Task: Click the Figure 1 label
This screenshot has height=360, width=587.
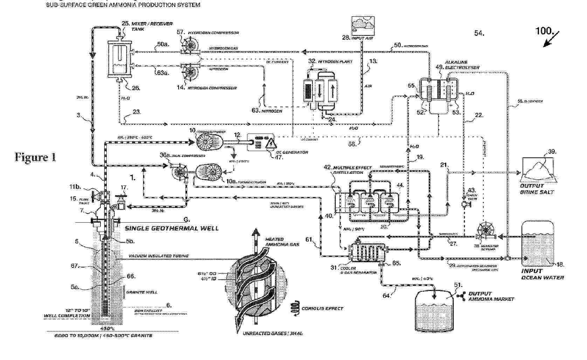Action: pos(35,157)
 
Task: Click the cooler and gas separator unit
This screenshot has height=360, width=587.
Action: pos(367,252)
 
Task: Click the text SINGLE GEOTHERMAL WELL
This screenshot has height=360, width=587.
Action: pos(172,228)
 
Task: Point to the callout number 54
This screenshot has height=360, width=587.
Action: pos(479,33)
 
